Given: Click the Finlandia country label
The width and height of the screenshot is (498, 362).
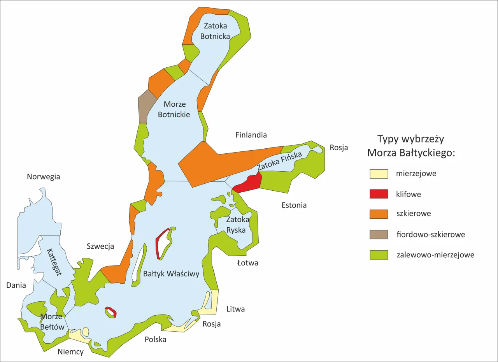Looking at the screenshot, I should [251, 135].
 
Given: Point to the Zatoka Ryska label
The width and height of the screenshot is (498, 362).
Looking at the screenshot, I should [236, 225].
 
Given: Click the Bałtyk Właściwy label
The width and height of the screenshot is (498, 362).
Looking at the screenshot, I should [171, 274].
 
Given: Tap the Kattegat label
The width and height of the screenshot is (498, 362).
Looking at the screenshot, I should [54, 262].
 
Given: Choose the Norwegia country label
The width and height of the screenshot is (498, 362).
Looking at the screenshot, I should [43, 177].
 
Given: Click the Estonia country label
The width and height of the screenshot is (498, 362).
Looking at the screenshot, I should [294, 205].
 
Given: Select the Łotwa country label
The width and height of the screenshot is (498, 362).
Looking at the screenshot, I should [247, 263].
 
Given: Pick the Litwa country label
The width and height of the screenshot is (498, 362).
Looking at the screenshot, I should [235, 309].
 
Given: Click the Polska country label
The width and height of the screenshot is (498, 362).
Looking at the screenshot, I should [155, 339].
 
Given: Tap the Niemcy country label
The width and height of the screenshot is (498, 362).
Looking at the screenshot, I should [70, 352].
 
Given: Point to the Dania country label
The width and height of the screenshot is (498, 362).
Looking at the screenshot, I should [16, 285].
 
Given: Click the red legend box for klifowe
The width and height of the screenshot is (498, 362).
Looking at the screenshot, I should [379, 194].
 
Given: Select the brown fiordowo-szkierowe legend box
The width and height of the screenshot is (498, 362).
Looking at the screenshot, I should [379, 234].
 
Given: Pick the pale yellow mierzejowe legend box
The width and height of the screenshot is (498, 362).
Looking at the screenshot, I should [379, 174].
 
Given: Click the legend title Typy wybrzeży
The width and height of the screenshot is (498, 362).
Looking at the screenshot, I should [410, 139].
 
